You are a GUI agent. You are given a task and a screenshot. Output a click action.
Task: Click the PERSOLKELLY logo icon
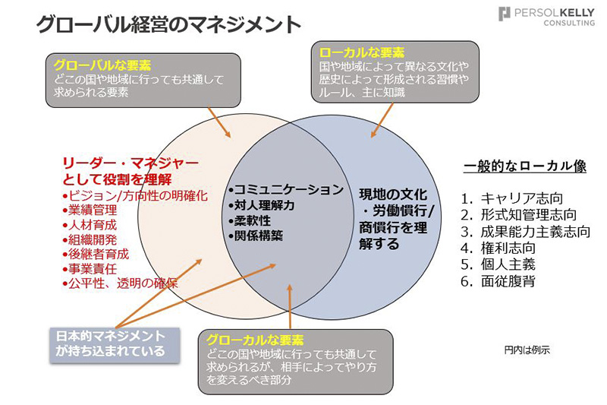504,14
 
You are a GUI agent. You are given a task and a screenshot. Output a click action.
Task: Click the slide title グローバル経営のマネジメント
168,24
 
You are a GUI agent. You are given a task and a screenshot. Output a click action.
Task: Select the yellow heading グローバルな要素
102,65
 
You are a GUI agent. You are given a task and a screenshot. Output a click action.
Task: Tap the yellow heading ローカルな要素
362,52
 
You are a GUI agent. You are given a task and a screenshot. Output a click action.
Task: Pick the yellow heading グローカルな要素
255,340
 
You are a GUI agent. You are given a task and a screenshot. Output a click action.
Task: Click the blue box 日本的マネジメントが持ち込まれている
115,343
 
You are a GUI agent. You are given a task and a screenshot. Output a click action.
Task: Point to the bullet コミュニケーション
286,189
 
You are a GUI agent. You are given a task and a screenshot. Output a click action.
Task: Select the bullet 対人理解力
262,205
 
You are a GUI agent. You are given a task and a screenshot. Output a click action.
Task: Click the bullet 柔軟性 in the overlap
250,220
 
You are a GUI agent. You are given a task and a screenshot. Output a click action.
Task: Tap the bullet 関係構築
256,236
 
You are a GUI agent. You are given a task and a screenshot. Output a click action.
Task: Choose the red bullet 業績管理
90,210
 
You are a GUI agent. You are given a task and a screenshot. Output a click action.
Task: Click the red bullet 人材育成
90,225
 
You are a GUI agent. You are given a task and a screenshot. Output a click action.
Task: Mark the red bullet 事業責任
90,268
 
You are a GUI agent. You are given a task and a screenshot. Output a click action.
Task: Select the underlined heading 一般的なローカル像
525,166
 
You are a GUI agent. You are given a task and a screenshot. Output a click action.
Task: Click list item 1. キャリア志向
511,198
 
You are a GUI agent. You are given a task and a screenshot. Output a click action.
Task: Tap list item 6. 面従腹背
498,281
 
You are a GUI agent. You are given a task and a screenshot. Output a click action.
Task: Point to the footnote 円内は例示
527,350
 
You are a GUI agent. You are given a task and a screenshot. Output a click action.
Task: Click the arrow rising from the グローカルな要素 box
290,307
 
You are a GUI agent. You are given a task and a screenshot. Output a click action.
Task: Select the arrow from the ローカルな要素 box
382,120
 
